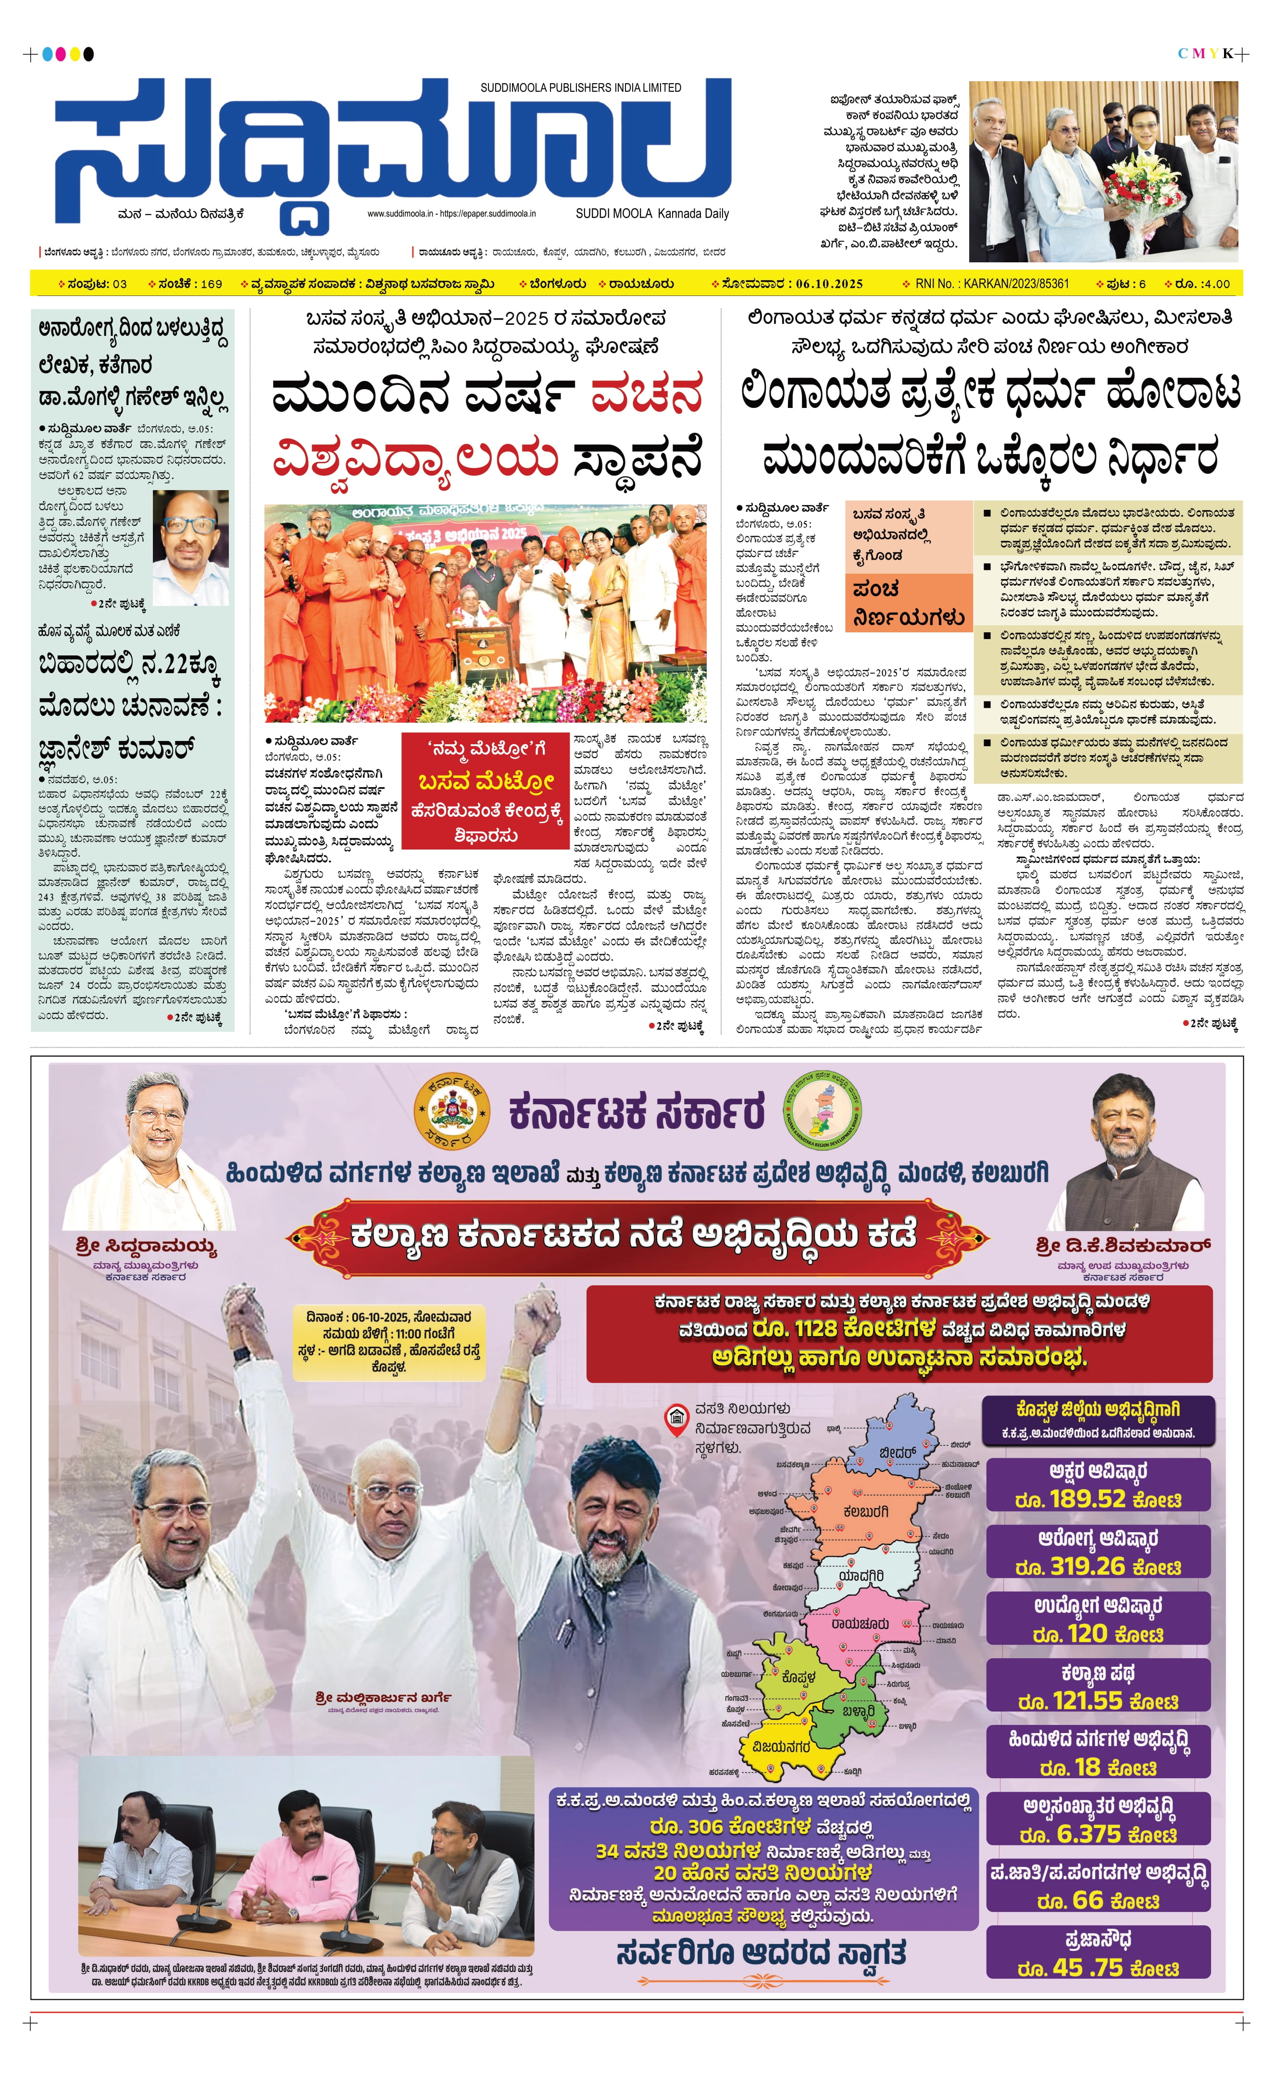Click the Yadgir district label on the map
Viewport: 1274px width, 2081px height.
click(x=862, y=1576)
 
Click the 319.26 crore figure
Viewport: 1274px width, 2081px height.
click(x=1098, y=1567)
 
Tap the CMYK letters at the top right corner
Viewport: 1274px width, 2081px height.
click(x=1206, y=54)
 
